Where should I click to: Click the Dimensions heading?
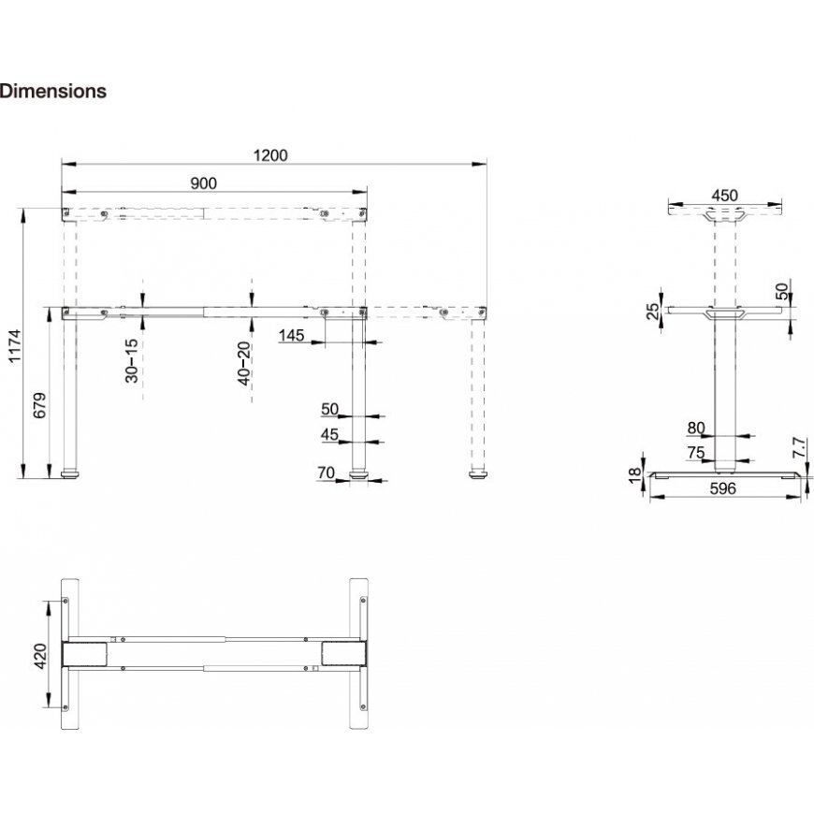coord(53,91)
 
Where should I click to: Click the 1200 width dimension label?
coord(270,155)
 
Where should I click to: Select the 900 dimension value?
coord(204,183)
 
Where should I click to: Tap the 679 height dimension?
coord(39,405)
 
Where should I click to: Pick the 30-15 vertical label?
coord(132,361)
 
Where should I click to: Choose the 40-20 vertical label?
coord(244,363)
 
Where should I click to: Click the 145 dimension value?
coord(291,335)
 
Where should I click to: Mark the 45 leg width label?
coord(329,434)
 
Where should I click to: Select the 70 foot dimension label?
coord(326,472)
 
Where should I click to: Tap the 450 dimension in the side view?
coord(724,196)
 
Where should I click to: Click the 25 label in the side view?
coord(653,311)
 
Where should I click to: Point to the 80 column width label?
coord(696,428)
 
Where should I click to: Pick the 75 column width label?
coord(696,453)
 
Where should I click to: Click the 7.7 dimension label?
coord(800,447)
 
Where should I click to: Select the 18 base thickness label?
coord(635,474)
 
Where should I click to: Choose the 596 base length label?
coord(723,488)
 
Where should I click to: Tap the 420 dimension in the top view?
coord(39,656)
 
